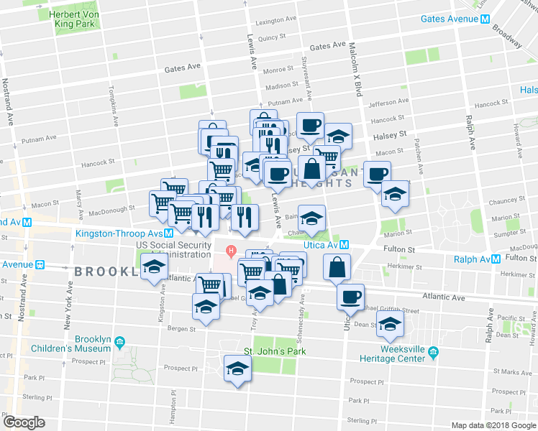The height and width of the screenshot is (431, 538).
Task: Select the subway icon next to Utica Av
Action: click(345, 245)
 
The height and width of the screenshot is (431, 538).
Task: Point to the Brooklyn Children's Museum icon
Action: click(119, 340)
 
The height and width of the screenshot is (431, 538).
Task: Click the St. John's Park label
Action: click(274, 351)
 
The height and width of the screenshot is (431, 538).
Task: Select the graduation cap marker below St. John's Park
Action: click(237, 369)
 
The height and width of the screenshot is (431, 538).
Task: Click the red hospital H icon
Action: click(231, 251)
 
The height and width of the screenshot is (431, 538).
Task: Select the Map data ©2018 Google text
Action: click(493, 425)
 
